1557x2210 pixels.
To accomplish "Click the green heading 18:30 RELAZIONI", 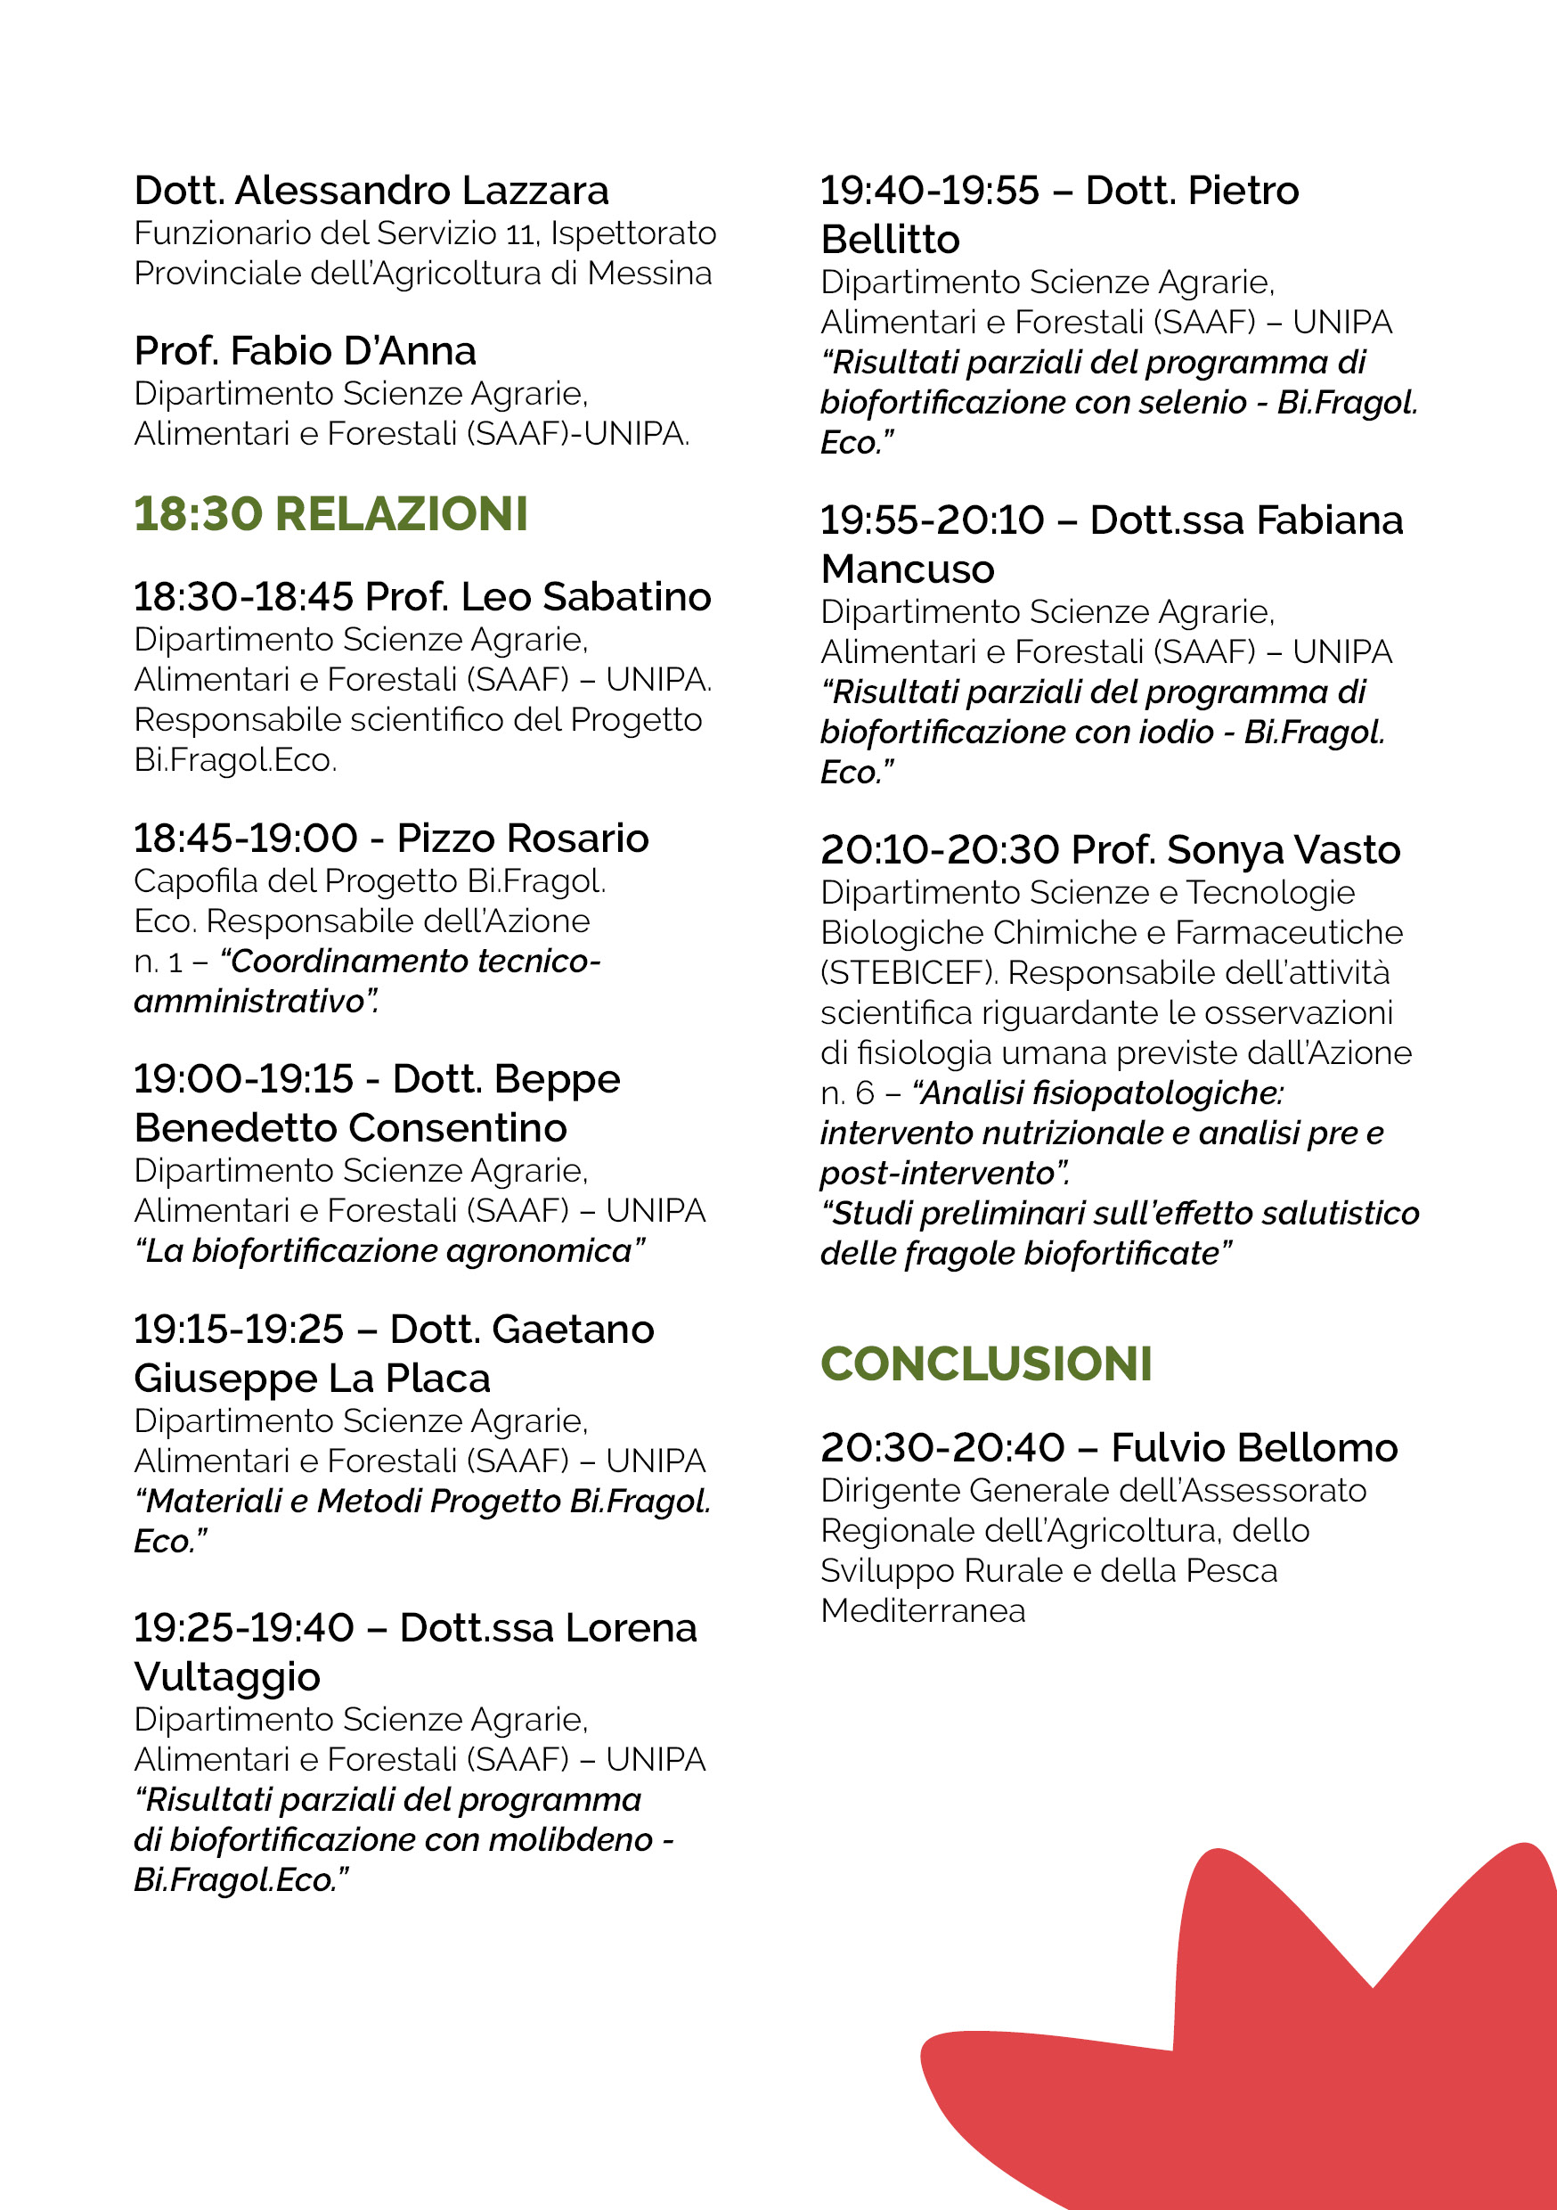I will [330, 514].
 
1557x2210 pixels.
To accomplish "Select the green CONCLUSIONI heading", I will [985, 1364].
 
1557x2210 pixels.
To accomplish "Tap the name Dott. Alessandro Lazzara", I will [371, 191].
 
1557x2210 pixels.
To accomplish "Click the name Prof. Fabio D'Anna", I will [305, 351].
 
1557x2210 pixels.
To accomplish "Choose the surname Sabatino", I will [626, 597].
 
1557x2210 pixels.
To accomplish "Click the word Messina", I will [649, 274].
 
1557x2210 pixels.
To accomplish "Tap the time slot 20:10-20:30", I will [940, 850].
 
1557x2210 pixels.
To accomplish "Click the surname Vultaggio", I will [227, 1677].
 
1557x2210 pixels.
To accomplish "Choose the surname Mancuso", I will [908, 569].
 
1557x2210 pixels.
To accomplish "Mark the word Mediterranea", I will [923, 1610].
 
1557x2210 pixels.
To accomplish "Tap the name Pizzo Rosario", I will [523, 839].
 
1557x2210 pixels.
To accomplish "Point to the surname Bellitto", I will [890, 240].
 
